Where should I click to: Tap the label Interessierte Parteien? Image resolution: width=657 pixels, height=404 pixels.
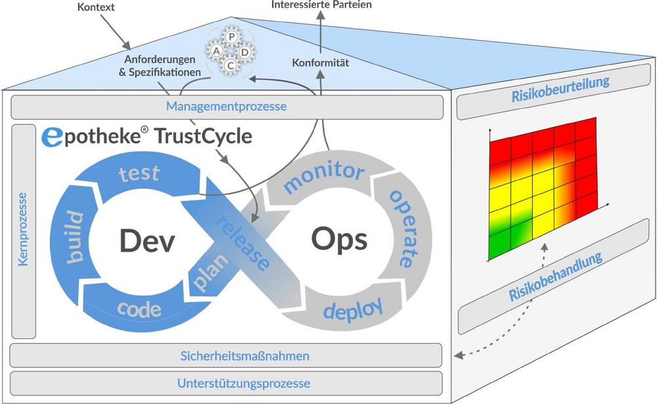point(321,5)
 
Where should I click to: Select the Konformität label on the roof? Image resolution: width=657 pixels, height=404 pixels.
point(319,64)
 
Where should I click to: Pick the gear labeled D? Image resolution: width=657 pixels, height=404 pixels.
point(244,51)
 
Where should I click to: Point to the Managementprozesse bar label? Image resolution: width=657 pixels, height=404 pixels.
point(227,106)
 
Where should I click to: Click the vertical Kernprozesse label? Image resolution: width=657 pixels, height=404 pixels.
point(24,228)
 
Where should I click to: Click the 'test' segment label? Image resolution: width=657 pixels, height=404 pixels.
point(139,174)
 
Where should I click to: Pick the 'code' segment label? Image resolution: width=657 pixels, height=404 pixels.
point(136,309)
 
